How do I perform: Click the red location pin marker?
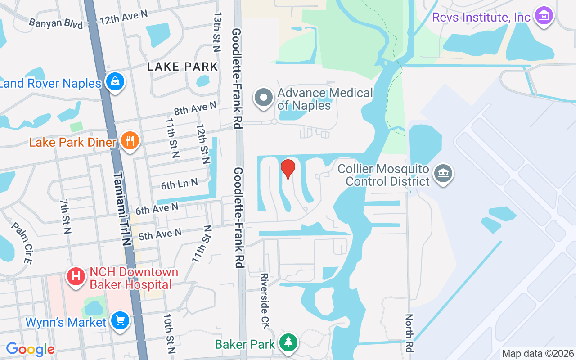288,169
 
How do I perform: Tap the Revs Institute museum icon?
544,16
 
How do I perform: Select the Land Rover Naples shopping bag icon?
115,82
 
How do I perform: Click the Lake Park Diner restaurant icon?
130,141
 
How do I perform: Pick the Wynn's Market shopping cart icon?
120,321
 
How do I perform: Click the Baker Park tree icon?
288,343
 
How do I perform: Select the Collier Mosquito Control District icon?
443,173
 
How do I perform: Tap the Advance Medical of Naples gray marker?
264,98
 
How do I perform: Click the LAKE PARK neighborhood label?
183,67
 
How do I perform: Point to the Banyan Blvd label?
56,23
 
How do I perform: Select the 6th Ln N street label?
180,184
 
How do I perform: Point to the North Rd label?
409,333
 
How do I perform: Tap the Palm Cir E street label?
22,243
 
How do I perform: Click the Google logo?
30,349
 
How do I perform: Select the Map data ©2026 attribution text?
538,354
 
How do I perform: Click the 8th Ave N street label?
195,108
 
